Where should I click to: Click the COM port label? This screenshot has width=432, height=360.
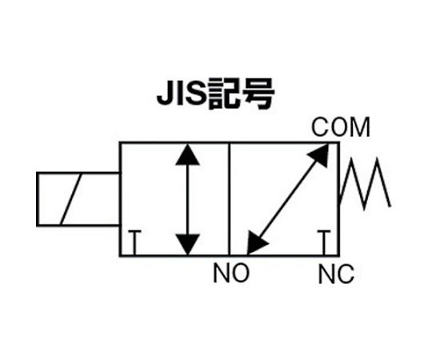(x=341, y=127)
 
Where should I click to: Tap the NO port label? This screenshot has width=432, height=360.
(x=231, y=273)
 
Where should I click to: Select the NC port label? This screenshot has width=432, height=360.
(x=336, y=274)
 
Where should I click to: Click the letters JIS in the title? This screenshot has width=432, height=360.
(x=182, y=94)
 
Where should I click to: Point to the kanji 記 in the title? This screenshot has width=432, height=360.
(x=224, y=94)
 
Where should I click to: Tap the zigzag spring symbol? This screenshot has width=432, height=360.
(x=365, y=183)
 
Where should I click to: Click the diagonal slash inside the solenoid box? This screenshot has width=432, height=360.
(x=71, y=199)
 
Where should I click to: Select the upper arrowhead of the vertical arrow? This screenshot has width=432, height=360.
(x=187, y=154)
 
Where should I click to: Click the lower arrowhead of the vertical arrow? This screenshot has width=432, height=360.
(x=187, y=245)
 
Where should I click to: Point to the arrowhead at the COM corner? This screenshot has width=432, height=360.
(x=319, y=154)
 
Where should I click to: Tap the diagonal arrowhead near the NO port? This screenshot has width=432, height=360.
(x=256, y=243)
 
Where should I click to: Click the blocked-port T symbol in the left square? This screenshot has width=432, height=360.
(x=134, y=243)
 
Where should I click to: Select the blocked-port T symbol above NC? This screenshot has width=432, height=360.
(x=324, y=243)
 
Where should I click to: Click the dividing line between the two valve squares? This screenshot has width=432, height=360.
(x=229, y=199)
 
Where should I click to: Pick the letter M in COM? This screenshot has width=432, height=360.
(x=359, y=127)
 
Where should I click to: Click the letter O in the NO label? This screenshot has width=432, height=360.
(x=240, y=273)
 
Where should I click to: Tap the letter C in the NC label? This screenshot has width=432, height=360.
(x=345, y=274)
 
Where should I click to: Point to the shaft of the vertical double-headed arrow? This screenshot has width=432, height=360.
(x=187, y=200)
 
